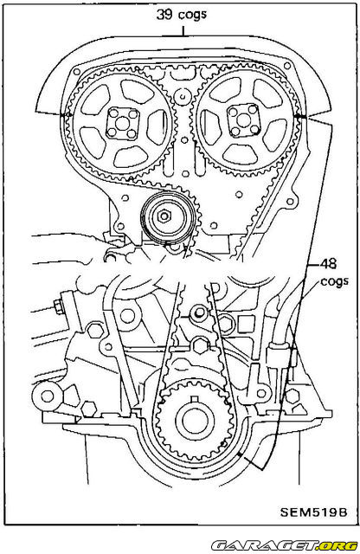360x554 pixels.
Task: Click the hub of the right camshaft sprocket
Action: [x=242, y=119]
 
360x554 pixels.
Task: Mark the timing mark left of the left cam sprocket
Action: [x=63, y=115]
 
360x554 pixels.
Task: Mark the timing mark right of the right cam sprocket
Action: [x=299, y=115]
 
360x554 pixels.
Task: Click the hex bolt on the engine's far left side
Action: [x=56, y=306]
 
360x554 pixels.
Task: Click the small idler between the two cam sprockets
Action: [x=181, y=93]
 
